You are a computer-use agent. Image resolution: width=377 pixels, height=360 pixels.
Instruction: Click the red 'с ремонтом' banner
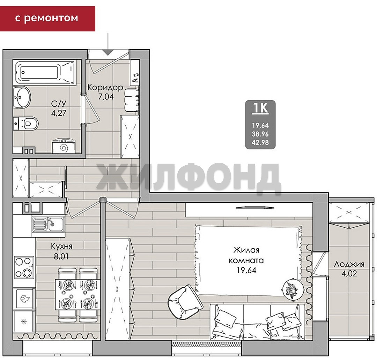pos(47,19)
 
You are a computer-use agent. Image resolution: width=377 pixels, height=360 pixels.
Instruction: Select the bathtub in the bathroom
pos(45,72)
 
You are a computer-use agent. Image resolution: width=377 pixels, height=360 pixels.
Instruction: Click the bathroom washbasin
pos(22,97)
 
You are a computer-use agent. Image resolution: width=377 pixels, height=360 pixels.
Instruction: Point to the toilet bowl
pos(26,123)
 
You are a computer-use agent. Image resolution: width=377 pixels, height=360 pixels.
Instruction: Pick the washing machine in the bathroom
pos(64,146)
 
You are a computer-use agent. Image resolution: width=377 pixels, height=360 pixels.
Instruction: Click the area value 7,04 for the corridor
pos(106,96)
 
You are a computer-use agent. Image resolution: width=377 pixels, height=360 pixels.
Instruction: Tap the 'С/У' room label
pos(58,104)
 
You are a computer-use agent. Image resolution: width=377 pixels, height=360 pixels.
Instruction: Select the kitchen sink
pos(48,224)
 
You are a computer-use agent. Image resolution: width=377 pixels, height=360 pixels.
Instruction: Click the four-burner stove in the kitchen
pos(24,267)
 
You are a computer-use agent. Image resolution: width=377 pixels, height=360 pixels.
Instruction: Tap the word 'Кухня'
pos(61,246)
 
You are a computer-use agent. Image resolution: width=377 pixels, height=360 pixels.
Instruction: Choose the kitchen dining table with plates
pos(77,295)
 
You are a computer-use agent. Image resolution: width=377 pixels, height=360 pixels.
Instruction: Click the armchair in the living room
pos(185,302)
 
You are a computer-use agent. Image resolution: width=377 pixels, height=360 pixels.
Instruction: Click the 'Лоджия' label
pos(349,264)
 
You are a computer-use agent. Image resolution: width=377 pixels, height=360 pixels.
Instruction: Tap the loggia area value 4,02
pos(349,274)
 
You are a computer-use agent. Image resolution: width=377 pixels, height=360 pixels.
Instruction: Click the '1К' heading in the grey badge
pos(260,108)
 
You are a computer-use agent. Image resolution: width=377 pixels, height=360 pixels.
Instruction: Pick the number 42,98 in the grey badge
pos(260,143)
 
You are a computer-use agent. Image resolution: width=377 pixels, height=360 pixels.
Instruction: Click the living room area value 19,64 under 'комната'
pos(246,271)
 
